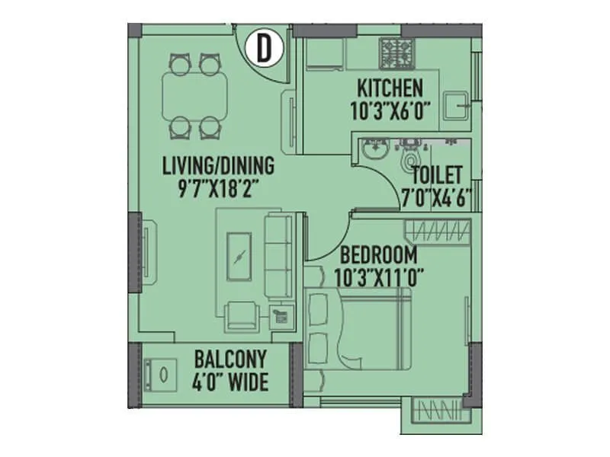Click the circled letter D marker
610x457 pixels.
pyautogui.click(x=263, y=49)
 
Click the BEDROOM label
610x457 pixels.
pyautogui.click(x=379, y=255)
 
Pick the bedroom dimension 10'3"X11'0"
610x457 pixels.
pyautogui.click(x=379, y=276)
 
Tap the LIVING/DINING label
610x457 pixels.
pyautogui.click(x=217, y=165)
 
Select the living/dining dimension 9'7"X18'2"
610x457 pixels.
pyautogui.click(x=217, y=187)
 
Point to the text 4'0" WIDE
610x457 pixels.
pyautogui.click(x=230, y=380)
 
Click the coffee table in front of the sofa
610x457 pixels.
pyautogui.click(x=242, y=257)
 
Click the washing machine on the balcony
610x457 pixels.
pyautogui.click(x=162, y=375)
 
